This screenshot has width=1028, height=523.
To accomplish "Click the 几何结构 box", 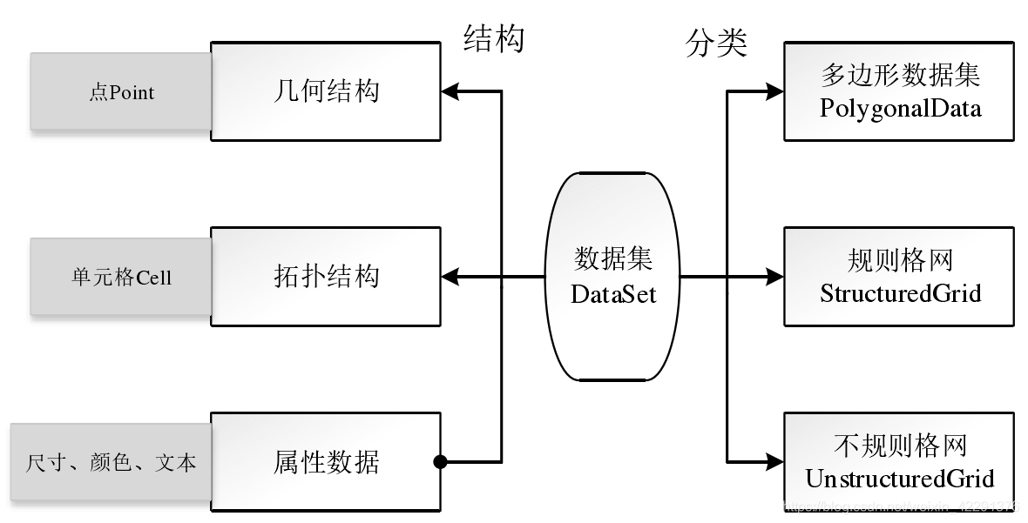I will point(326,91).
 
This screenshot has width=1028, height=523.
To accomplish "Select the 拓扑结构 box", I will point(326,277).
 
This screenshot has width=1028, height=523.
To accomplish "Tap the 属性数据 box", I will point(326,461).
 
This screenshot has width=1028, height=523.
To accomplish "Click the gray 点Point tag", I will point(121,91).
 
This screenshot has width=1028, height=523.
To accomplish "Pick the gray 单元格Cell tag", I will point(121,278).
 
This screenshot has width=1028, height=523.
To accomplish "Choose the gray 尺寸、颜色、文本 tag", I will point(111,462).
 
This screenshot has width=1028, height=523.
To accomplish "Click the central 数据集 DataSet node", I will point(613,277).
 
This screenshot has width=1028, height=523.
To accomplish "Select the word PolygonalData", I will point(900,109).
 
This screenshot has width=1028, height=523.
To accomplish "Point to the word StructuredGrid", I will point(900,293).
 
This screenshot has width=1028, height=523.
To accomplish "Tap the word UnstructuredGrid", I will point(900,479).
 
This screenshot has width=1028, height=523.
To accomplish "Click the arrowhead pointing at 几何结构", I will point(450,91).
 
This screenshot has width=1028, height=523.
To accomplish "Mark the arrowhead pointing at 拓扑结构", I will point(450,277).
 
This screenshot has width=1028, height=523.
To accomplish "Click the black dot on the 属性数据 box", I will point(440,461).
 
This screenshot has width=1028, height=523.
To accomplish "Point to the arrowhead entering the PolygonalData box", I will point(774,90).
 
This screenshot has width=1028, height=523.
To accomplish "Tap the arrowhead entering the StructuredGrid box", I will point(774,277).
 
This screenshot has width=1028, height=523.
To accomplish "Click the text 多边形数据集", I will point(900,76).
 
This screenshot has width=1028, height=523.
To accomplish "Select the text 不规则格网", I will point(900,446).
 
